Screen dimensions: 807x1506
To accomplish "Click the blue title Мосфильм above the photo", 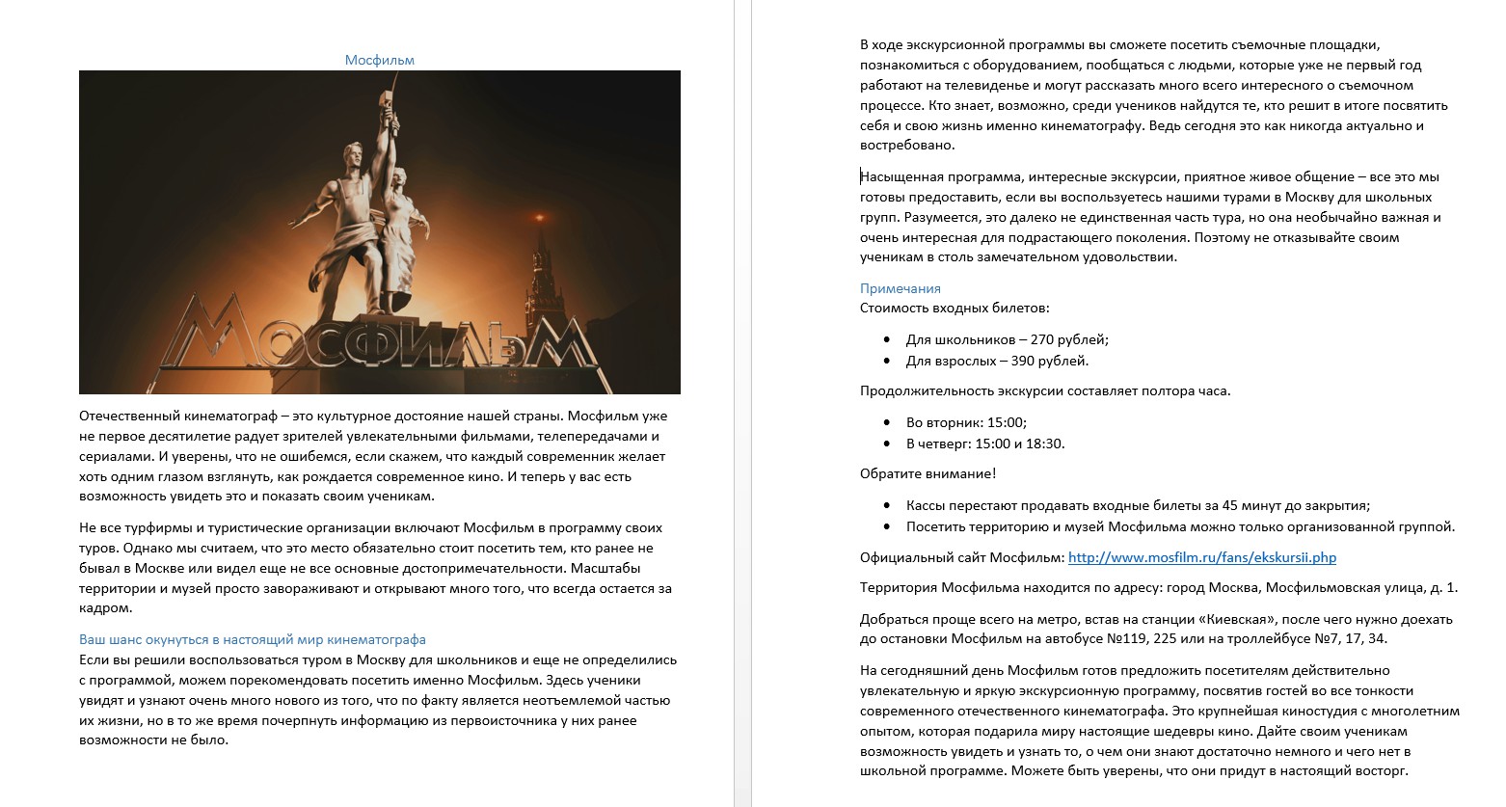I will (379, 60).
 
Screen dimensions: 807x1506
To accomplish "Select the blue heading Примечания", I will (900, 288).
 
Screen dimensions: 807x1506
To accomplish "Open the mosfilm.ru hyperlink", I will (1201, 557).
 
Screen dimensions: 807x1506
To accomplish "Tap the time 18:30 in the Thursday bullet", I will (1047, 444).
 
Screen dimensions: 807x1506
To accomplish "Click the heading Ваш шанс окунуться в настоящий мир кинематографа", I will (252, 639).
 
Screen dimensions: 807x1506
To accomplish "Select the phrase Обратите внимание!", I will (928, 473).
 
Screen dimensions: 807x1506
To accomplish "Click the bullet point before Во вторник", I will (887, 422).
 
